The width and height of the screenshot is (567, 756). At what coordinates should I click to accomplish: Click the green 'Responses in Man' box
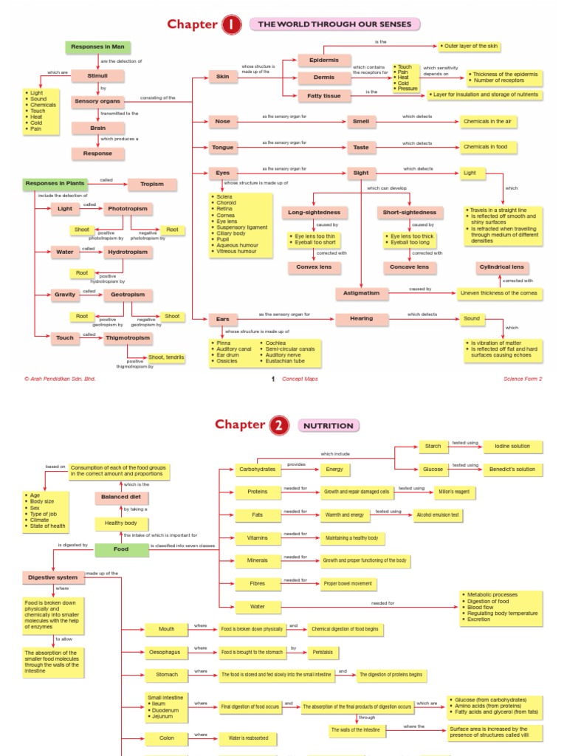(x=97, y=47)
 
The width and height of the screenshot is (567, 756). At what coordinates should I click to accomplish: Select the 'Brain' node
(x=98, y=128)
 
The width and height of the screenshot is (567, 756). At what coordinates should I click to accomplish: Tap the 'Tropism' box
(x=152, y=184)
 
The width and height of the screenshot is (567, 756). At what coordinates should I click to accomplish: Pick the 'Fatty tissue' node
(x=324, y=95)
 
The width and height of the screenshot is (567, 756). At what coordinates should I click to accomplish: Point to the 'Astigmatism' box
(x=362, y=293)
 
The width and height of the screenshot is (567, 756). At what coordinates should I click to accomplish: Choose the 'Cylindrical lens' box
(x=502, y=267)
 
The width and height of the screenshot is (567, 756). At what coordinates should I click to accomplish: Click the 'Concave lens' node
(x=409, y=267)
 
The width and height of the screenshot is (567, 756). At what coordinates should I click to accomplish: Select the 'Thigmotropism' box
(x=128, y=337)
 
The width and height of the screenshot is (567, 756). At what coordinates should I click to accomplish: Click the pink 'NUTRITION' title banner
(x=329, y=425)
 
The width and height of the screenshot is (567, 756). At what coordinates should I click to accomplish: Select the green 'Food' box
(x=121, y=549)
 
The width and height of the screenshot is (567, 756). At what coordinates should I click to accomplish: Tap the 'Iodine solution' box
(x=512, y=447)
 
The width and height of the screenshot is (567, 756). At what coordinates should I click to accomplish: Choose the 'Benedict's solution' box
(x=512, y=469)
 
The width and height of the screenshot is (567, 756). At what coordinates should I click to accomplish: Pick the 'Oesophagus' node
(x=167, y=652)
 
